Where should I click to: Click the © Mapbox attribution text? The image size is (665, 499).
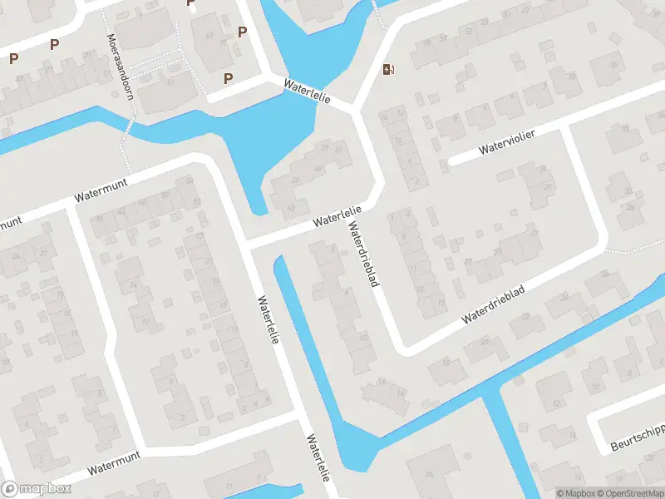576,493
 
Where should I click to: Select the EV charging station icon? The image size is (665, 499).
387,69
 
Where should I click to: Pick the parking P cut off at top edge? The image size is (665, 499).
190,2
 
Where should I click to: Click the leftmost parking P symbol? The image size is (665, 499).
14,58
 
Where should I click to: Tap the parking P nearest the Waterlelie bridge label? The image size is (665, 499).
229,78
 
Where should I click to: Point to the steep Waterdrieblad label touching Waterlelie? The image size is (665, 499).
364,254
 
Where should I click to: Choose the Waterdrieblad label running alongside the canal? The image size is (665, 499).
494,309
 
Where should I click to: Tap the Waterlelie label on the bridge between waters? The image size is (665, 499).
307,91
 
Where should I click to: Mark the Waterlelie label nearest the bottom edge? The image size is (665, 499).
318,458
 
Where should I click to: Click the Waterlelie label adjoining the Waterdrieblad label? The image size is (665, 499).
337,216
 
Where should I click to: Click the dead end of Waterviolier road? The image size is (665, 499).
450,161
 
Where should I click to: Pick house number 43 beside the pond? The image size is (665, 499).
290,207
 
